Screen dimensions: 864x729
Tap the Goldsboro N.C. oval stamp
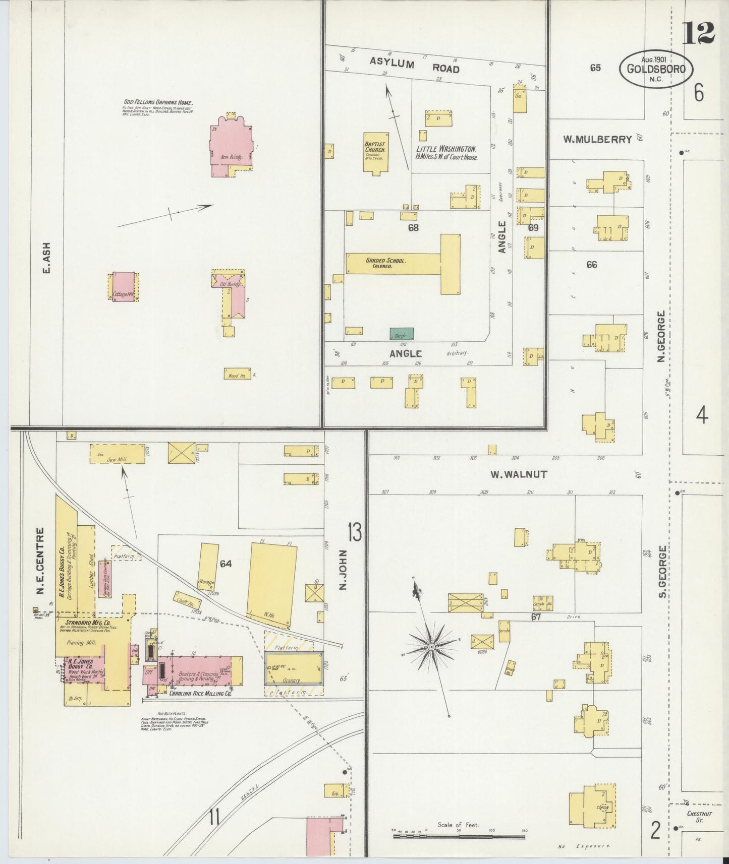[x=656, y=69]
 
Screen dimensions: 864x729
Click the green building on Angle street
[x=402, y=334]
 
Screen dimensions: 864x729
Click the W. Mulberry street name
[x=597, y=140]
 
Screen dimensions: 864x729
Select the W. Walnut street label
[x=518, y=474]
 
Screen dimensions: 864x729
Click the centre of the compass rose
[x=431, y=646]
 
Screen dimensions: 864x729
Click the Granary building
[x=294, y=668]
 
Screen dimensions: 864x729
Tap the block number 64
[x=226, y=563]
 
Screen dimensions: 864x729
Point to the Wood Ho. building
[x=237, y=374]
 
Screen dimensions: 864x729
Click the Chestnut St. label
[x=699, y=817]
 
